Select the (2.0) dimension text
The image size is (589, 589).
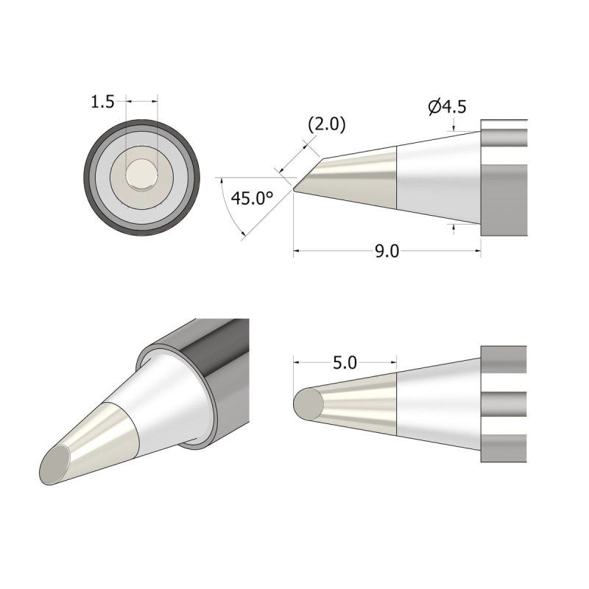[325, 124]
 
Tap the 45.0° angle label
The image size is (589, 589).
[252, 198]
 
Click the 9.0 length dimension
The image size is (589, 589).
[387, 252]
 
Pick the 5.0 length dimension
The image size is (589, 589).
[345, 362]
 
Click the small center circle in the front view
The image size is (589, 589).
[141, 176]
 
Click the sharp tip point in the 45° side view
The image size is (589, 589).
[294, 191]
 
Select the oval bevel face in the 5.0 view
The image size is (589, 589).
[308, 403]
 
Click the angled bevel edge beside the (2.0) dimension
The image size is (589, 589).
[307, 173]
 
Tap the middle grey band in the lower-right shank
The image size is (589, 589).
[504, 403]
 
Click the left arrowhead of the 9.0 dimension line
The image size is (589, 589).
[297, 252]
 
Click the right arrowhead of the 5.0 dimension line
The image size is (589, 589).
[394, 362]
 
